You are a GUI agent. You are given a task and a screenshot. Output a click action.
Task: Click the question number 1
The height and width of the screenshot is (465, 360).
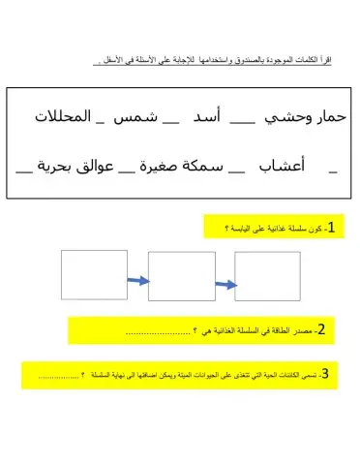coord(330,228)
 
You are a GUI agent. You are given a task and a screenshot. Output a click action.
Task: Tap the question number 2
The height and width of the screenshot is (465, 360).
coord(321,332)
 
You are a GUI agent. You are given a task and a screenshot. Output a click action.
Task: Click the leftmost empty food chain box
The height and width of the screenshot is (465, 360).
coord(94,274)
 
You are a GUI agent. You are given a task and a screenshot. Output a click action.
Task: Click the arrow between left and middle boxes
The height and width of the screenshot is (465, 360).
coord(137,282)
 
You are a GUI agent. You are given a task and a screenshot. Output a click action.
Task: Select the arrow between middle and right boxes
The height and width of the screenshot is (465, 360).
coord(225,284)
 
